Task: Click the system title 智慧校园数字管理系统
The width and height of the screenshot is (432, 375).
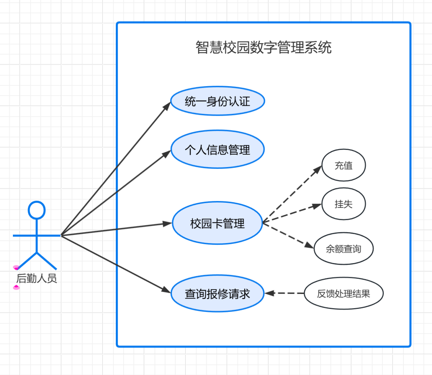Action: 263,47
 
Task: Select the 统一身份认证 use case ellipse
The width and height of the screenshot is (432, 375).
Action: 218,102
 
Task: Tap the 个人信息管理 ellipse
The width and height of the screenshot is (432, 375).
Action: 218,149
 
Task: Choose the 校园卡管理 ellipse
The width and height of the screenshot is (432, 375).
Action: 218,223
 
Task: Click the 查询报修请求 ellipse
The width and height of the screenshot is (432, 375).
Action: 218,294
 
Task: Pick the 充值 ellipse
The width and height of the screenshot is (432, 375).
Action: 344,165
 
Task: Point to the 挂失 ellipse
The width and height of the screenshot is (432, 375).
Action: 344,204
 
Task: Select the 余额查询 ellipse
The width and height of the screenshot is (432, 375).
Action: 344,249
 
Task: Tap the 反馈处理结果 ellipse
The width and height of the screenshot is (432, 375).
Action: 344,294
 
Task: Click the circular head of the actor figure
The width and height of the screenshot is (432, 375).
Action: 37,210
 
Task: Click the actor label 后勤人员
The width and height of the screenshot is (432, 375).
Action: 36,279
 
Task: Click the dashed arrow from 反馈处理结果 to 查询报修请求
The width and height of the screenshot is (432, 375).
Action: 285,293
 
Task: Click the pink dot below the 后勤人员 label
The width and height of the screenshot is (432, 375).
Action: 16,288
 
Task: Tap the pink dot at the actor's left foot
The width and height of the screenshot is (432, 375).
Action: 16,268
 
